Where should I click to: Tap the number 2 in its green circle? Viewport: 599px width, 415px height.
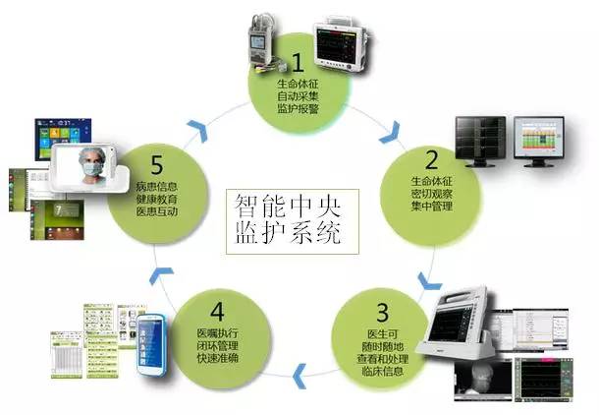click(x=430, y=158)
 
